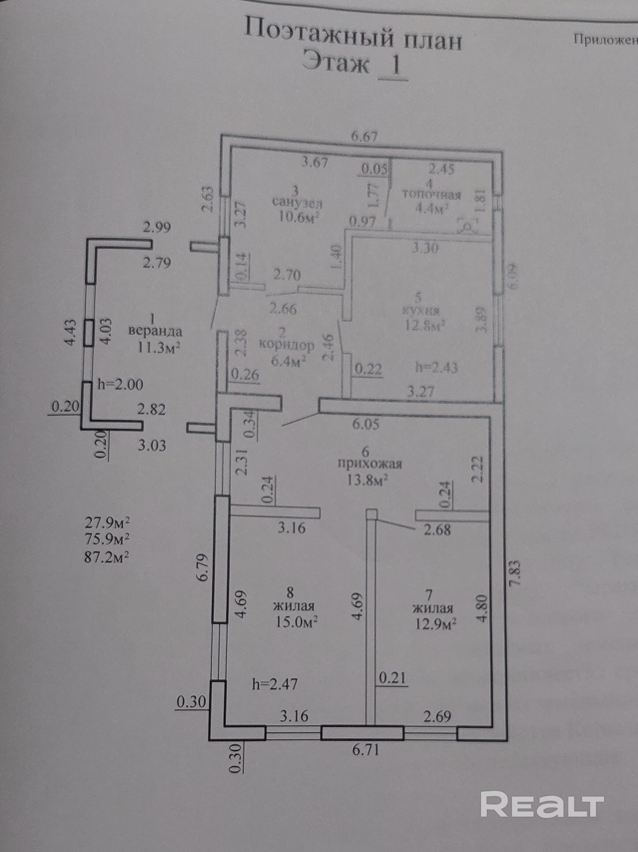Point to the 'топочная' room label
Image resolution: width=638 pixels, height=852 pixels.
point(431,195)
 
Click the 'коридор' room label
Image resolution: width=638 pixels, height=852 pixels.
point(287,345)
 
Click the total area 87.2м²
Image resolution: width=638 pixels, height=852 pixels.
point(107,558)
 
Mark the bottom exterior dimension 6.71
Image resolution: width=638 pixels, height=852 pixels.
point(364,750)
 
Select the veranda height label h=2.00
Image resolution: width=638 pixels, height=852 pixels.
point(120,384)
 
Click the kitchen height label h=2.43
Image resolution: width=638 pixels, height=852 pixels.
point(436,368)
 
